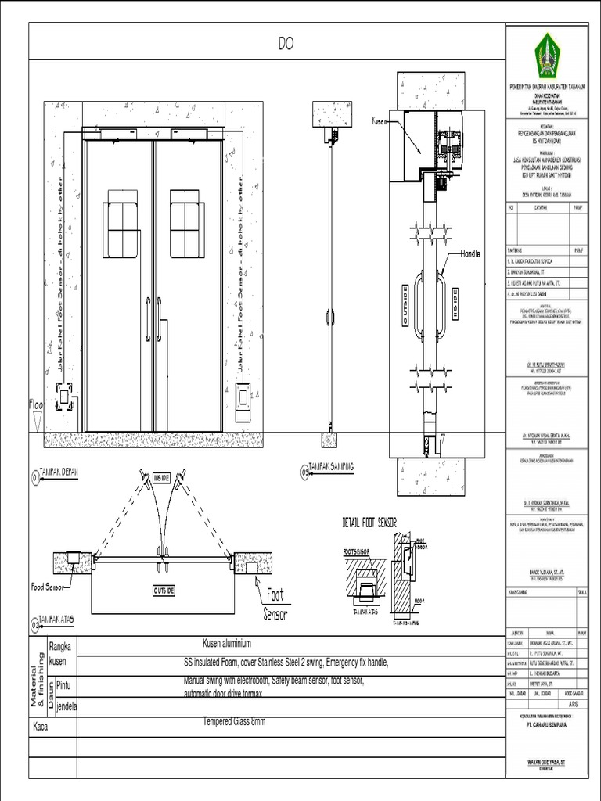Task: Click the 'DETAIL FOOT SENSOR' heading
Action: click(x=369, y=522)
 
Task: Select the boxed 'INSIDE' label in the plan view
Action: click(x=162, y=476)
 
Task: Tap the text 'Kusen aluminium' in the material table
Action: click(x=227, y=644)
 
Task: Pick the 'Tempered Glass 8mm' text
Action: click(x=234, y=721)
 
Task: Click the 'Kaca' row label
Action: click(x=41, y=727)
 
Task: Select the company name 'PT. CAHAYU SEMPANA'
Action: click(x=546, y=724)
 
